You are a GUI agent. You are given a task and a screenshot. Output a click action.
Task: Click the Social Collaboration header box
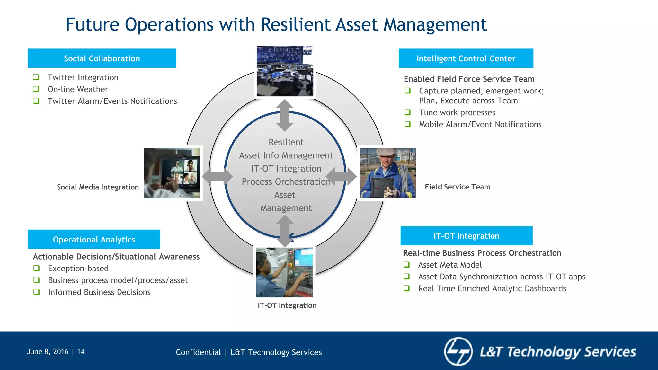pyautogui.click(x=102, y=58)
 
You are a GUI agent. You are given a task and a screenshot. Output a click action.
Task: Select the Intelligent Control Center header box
pyautogui.click(x=466, y=58)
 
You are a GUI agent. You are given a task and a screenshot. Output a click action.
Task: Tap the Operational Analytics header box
pyautogui.click(x=94, y=239)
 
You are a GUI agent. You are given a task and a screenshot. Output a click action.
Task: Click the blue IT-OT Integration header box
pyautogui.click(x=466, y=236)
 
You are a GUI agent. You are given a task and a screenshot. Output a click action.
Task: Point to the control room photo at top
pyautogui.click(x=285, y=71)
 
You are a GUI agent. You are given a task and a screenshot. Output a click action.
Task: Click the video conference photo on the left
pyautogui.click(x=172, y=173)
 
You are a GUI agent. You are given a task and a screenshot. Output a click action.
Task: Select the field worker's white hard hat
pyautogui.click(x=387, y=152)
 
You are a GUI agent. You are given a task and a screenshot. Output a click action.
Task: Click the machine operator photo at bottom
pyautogui.click(x=284, y=272)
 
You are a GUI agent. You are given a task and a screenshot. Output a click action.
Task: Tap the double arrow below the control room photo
pyautogui.click(x=285, y=115)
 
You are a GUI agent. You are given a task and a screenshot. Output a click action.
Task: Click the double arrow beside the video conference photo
pyautogui.click(x=217, y=176)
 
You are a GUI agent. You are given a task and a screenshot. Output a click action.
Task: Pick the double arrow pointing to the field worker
pyautogui.click(x=341, y=176)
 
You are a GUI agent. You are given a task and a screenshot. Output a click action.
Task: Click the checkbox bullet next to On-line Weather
pyautogui.click(x=36, y=89)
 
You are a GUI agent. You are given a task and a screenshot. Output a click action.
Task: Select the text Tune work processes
pyautogui.click(x=457, y=113)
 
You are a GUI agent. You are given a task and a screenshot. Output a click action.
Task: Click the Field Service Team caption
pyautogui.click(x=457, y=187)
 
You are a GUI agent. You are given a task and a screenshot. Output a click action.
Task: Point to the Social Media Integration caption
pyautogui.click(x=98, y=187)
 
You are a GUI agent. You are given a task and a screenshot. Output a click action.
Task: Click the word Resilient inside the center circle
pyautogui.click(x=286, y=142)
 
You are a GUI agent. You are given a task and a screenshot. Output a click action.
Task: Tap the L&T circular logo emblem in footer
pyautogui.click(x=458, y=351)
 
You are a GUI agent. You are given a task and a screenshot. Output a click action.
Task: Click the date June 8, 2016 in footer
pyautogui.click(x=48, y=352)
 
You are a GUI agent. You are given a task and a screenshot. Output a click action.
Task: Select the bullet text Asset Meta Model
pyautogui.click(x=450, y=265)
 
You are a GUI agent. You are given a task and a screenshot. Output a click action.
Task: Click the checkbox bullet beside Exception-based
pyautogui.click(x=37, y=268)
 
